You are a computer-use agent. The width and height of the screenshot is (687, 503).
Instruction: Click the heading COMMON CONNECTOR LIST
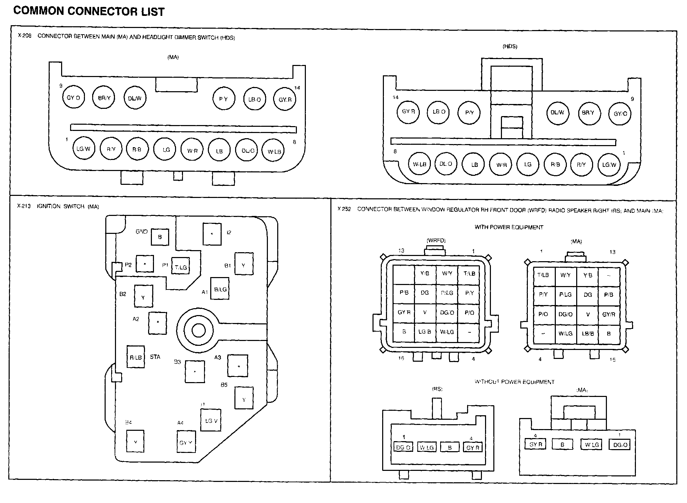point(89,11)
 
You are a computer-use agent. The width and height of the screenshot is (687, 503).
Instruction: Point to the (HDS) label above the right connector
point(510,46)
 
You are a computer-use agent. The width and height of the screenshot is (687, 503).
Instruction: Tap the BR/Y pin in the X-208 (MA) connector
point(104,98)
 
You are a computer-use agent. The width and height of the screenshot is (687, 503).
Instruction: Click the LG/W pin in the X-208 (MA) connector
point(84,149)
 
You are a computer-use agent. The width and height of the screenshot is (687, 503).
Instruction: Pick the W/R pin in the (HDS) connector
point(501,165)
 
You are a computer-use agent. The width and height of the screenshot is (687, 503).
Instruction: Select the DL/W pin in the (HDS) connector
point(557,113)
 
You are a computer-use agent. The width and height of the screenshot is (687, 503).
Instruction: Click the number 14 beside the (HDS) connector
point(395,97)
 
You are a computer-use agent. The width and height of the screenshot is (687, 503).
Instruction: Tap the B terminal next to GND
point(160,237)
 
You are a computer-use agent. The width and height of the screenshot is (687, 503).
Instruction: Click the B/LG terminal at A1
point(220,289)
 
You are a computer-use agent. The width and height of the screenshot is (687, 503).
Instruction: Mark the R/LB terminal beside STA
point(136,357)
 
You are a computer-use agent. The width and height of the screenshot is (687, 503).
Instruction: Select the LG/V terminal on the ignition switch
point(211,421)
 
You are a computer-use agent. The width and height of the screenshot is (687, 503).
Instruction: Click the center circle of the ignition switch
point(198,331)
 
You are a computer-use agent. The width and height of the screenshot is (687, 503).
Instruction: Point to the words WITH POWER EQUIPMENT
point(509,227)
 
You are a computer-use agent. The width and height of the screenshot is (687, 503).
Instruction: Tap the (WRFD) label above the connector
point(436,240)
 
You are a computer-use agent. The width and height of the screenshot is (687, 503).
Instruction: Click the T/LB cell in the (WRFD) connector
point(469,274)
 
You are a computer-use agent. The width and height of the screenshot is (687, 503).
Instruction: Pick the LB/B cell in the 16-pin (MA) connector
point(588,334)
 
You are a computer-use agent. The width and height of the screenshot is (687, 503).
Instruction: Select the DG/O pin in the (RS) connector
point(403,447)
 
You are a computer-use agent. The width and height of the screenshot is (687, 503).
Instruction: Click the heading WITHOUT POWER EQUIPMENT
point(514,382)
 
